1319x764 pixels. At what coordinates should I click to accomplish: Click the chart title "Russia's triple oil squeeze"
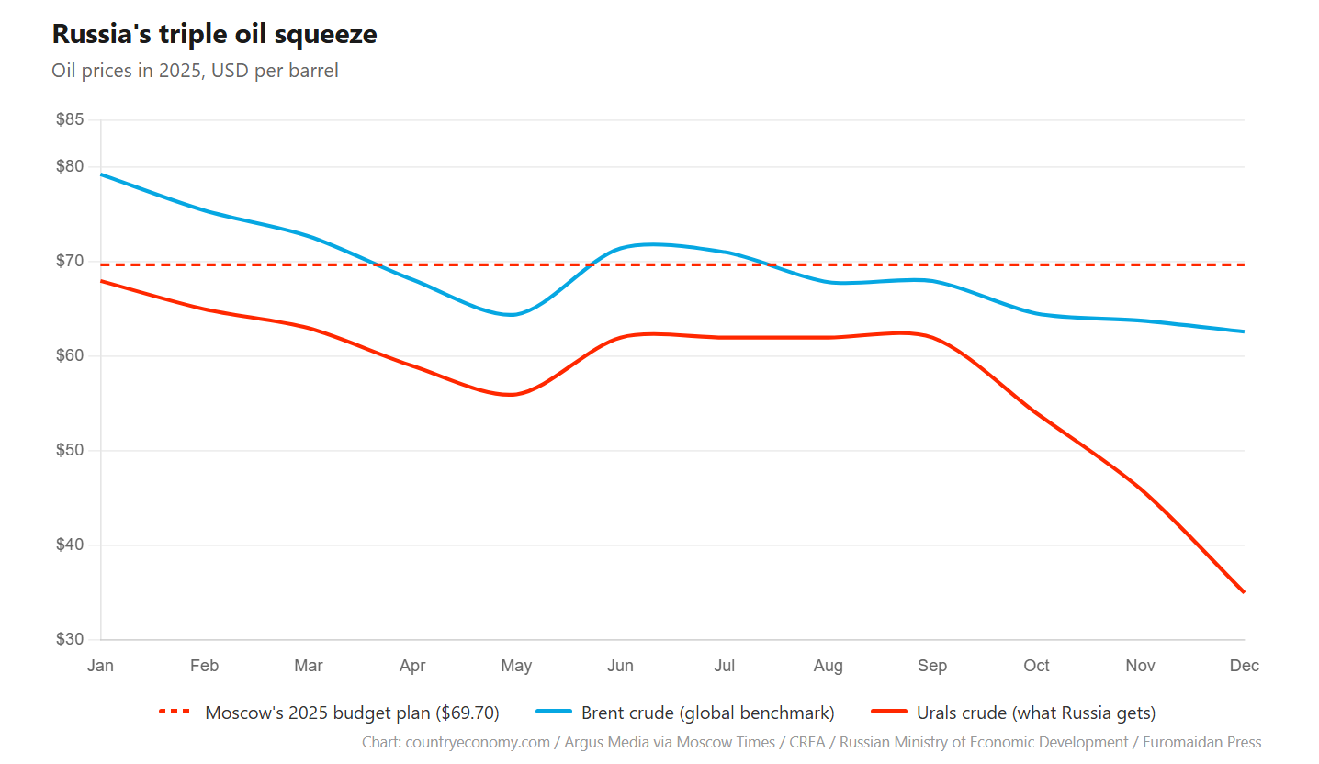coord(214,34)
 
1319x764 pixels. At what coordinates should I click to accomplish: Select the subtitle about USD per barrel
coord(195,71)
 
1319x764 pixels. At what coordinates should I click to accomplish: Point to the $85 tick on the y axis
coord(70,119)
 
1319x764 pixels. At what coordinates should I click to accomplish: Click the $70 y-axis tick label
coord(70,261)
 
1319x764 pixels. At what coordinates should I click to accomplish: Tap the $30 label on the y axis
coord(70,639)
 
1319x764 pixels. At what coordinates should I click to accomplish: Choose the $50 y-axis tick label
coord(70,450)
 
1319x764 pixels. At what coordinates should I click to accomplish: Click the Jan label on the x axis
coord(100,666)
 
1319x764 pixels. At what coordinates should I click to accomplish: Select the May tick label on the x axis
coord(516,666)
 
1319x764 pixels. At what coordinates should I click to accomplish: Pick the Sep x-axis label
coord(932,666)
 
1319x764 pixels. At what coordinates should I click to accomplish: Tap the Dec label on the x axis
coord(1244,666)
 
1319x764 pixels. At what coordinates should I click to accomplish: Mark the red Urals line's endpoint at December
coord(1244,592)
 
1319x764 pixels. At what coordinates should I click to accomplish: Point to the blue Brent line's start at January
coord(101,174)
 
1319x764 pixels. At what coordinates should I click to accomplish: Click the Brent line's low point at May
coord(513,315)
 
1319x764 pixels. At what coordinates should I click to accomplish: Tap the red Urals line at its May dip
coord(513,395)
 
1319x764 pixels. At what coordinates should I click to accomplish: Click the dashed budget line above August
coord(829,264)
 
